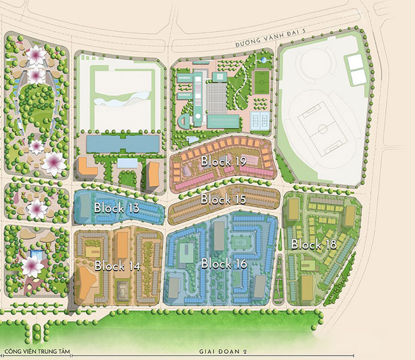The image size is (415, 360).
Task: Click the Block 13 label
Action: coord(117,207)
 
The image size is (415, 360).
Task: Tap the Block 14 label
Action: coord(117,266)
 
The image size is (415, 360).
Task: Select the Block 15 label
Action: coord(223,199)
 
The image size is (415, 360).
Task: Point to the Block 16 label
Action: coord(224,264)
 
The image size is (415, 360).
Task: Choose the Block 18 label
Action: coord(314,244)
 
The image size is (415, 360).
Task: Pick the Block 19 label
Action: coord(224,161)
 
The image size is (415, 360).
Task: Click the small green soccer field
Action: coord(261,82)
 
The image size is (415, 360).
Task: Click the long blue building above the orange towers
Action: coord(122,144)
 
